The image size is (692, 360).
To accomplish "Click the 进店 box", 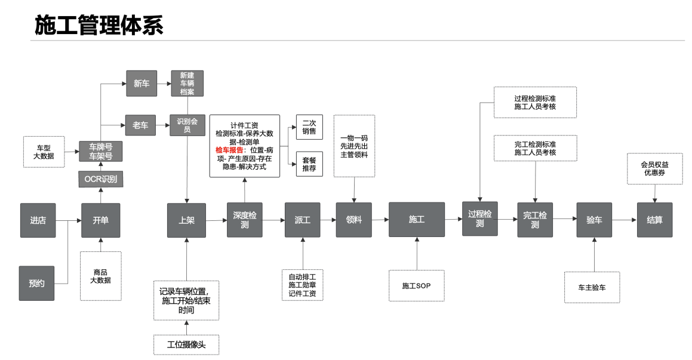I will [x=37, y=220].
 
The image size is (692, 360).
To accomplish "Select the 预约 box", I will [x=37, y=283].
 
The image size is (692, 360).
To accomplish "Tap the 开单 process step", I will [x=100, y=220].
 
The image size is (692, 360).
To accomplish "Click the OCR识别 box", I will [x=100, y=179].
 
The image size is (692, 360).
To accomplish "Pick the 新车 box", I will [x=141, y=84].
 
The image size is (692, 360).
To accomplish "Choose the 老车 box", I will [x=141, y=125].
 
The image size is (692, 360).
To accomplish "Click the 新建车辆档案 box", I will [x=187, y=84].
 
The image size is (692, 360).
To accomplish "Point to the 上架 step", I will [x=186, y=220].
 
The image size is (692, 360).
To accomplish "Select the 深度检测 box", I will [x=244, y=220].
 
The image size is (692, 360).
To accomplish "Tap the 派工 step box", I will [x=302, y=220].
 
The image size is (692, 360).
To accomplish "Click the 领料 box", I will [x=354, y=220].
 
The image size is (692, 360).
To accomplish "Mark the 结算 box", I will [x=655, y=220].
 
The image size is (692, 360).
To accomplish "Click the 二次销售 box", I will [x=309, y=127].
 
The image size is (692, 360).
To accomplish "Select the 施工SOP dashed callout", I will [x=416, y=286].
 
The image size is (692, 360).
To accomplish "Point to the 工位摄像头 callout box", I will [x=186, y=344].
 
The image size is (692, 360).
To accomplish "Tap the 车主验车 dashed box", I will [x=592, y=287].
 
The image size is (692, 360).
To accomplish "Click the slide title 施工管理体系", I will [x=99, y=24].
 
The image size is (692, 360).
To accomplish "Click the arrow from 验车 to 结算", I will [x=625, y=220].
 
